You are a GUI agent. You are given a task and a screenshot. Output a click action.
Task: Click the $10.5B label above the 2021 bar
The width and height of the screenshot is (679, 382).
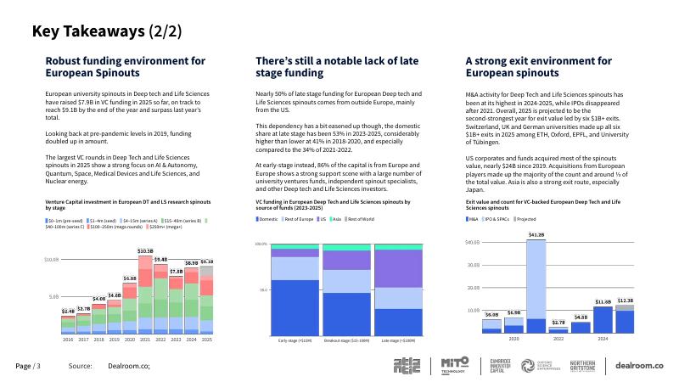click(x=145, y=251)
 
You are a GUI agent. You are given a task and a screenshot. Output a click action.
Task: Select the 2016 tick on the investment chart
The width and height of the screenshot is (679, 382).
click(x=68, y=340)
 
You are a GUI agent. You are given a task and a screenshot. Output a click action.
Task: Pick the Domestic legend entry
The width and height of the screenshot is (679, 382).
click(x=268, y=219)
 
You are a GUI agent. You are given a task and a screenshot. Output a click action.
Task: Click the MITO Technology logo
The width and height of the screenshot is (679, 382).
click(x=454, y=365)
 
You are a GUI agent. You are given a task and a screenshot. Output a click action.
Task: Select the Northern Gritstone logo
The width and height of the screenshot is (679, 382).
click(x=582, y=365)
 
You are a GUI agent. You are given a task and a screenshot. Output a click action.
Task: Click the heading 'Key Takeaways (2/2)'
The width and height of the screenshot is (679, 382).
click(x=106, y=32)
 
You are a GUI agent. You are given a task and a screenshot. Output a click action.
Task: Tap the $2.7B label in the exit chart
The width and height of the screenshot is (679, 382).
click(x=558, y=323)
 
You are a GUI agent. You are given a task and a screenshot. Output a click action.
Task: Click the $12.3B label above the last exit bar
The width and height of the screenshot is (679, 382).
click(x=626, y=301)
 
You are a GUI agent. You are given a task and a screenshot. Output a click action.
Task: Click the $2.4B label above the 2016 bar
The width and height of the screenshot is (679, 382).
click(x=68, y=312)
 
